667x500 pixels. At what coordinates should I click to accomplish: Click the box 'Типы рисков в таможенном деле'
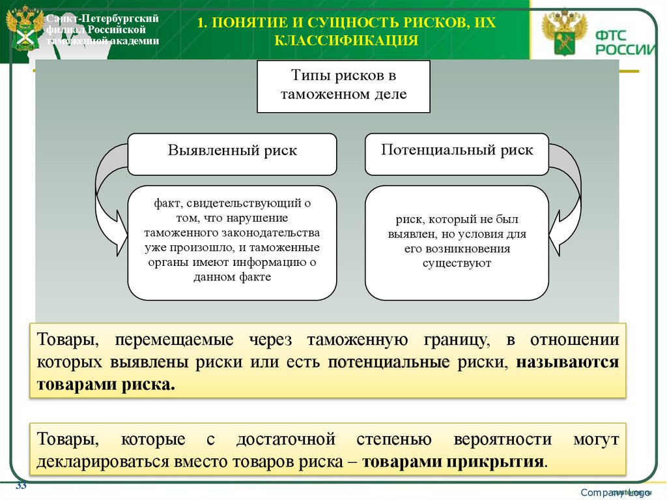click(x=344, y=86)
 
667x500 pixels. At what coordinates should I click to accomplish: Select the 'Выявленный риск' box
click(x=232, y=151)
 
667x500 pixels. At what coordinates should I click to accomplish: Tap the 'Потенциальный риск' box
click(x=457, y=151)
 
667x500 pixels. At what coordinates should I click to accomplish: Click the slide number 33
click(x=21, y=486)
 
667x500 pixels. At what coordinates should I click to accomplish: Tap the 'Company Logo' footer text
click(x=616, y=492)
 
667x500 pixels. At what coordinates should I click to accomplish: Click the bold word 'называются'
click(x=567, y=362)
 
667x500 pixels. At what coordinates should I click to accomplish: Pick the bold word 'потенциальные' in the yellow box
click(x=390, y=362)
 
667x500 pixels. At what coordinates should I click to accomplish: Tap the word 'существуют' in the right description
click(x=456, y=263)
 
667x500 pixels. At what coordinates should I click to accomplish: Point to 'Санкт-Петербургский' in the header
click(x=102, y=18)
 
